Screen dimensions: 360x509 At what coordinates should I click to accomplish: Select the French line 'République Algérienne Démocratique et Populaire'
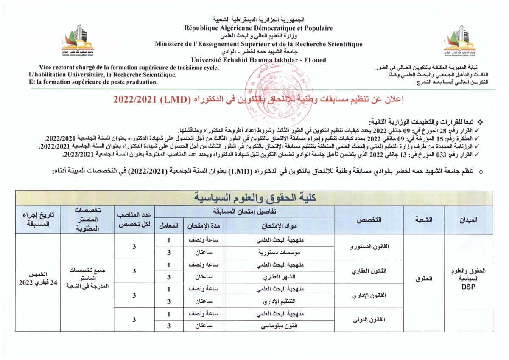pos(259,28)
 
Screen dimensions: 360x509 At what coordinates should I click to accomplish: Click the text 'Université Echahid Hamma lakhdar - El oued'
pos(259,59)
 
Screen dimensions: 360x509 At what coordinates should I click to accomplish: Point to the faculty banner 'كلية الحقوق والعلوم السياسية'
pos(255,198)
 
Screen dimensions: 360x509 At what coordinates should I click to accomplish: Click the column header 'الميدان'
pos(468,220)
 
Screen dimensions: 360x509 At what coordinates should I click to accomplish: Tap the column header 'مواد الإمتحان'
pos(279,225)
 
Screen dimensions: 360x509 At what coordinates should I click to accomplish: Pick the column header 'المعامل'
pos(169,225)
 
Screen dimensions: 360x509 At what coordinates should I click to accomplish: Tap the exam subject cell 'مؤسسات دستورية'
pos(279,253)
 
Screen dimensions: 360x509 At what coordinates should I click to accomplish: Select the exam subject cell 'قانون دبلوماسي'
pos(279,326)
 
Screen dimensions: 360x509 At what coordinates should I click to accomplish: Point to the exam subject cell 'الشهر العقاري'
pos(279,277)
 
